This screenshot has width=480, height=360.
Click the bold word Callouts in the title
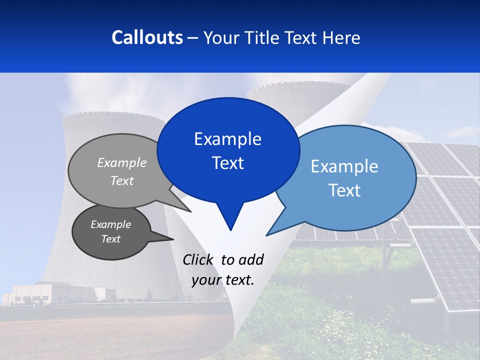pos(147,37)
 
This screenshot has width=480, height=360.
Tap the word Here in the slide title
pos(339,37)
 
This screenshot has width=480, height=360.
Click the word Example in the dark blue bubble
pos(227,139)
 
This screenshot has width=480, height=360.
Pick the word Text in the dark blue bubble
pos(227,163)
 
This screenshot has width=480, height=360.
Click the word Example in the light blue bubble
pos(344,166)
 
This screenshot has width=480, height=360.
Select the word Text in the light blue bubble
pos(344,190)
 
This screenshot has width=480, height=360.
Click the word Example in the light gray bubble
pos(122,162)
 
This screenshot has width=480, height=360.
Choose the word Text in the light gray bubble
pos(122,180)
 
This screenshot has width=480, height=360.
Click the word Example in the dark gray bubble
pos(110,224)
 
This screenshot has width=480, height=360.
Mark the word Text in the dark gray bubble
pos(110,239)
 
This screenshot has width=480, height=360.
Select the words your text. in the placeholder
pos(223,280)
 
